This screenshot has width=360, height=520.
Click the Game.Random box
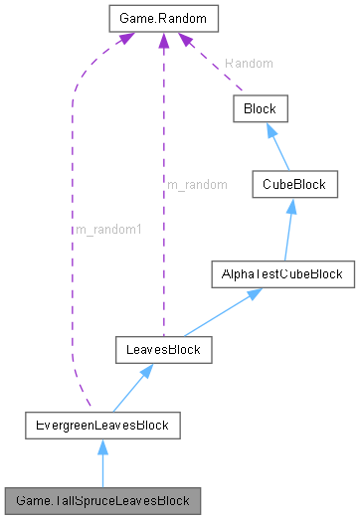(x=161, y=19)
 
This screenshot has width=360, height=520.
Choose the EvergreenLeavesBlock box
(x=101, y=427)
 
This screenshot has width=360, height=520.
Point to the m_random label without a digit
(x=197, y=184)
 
